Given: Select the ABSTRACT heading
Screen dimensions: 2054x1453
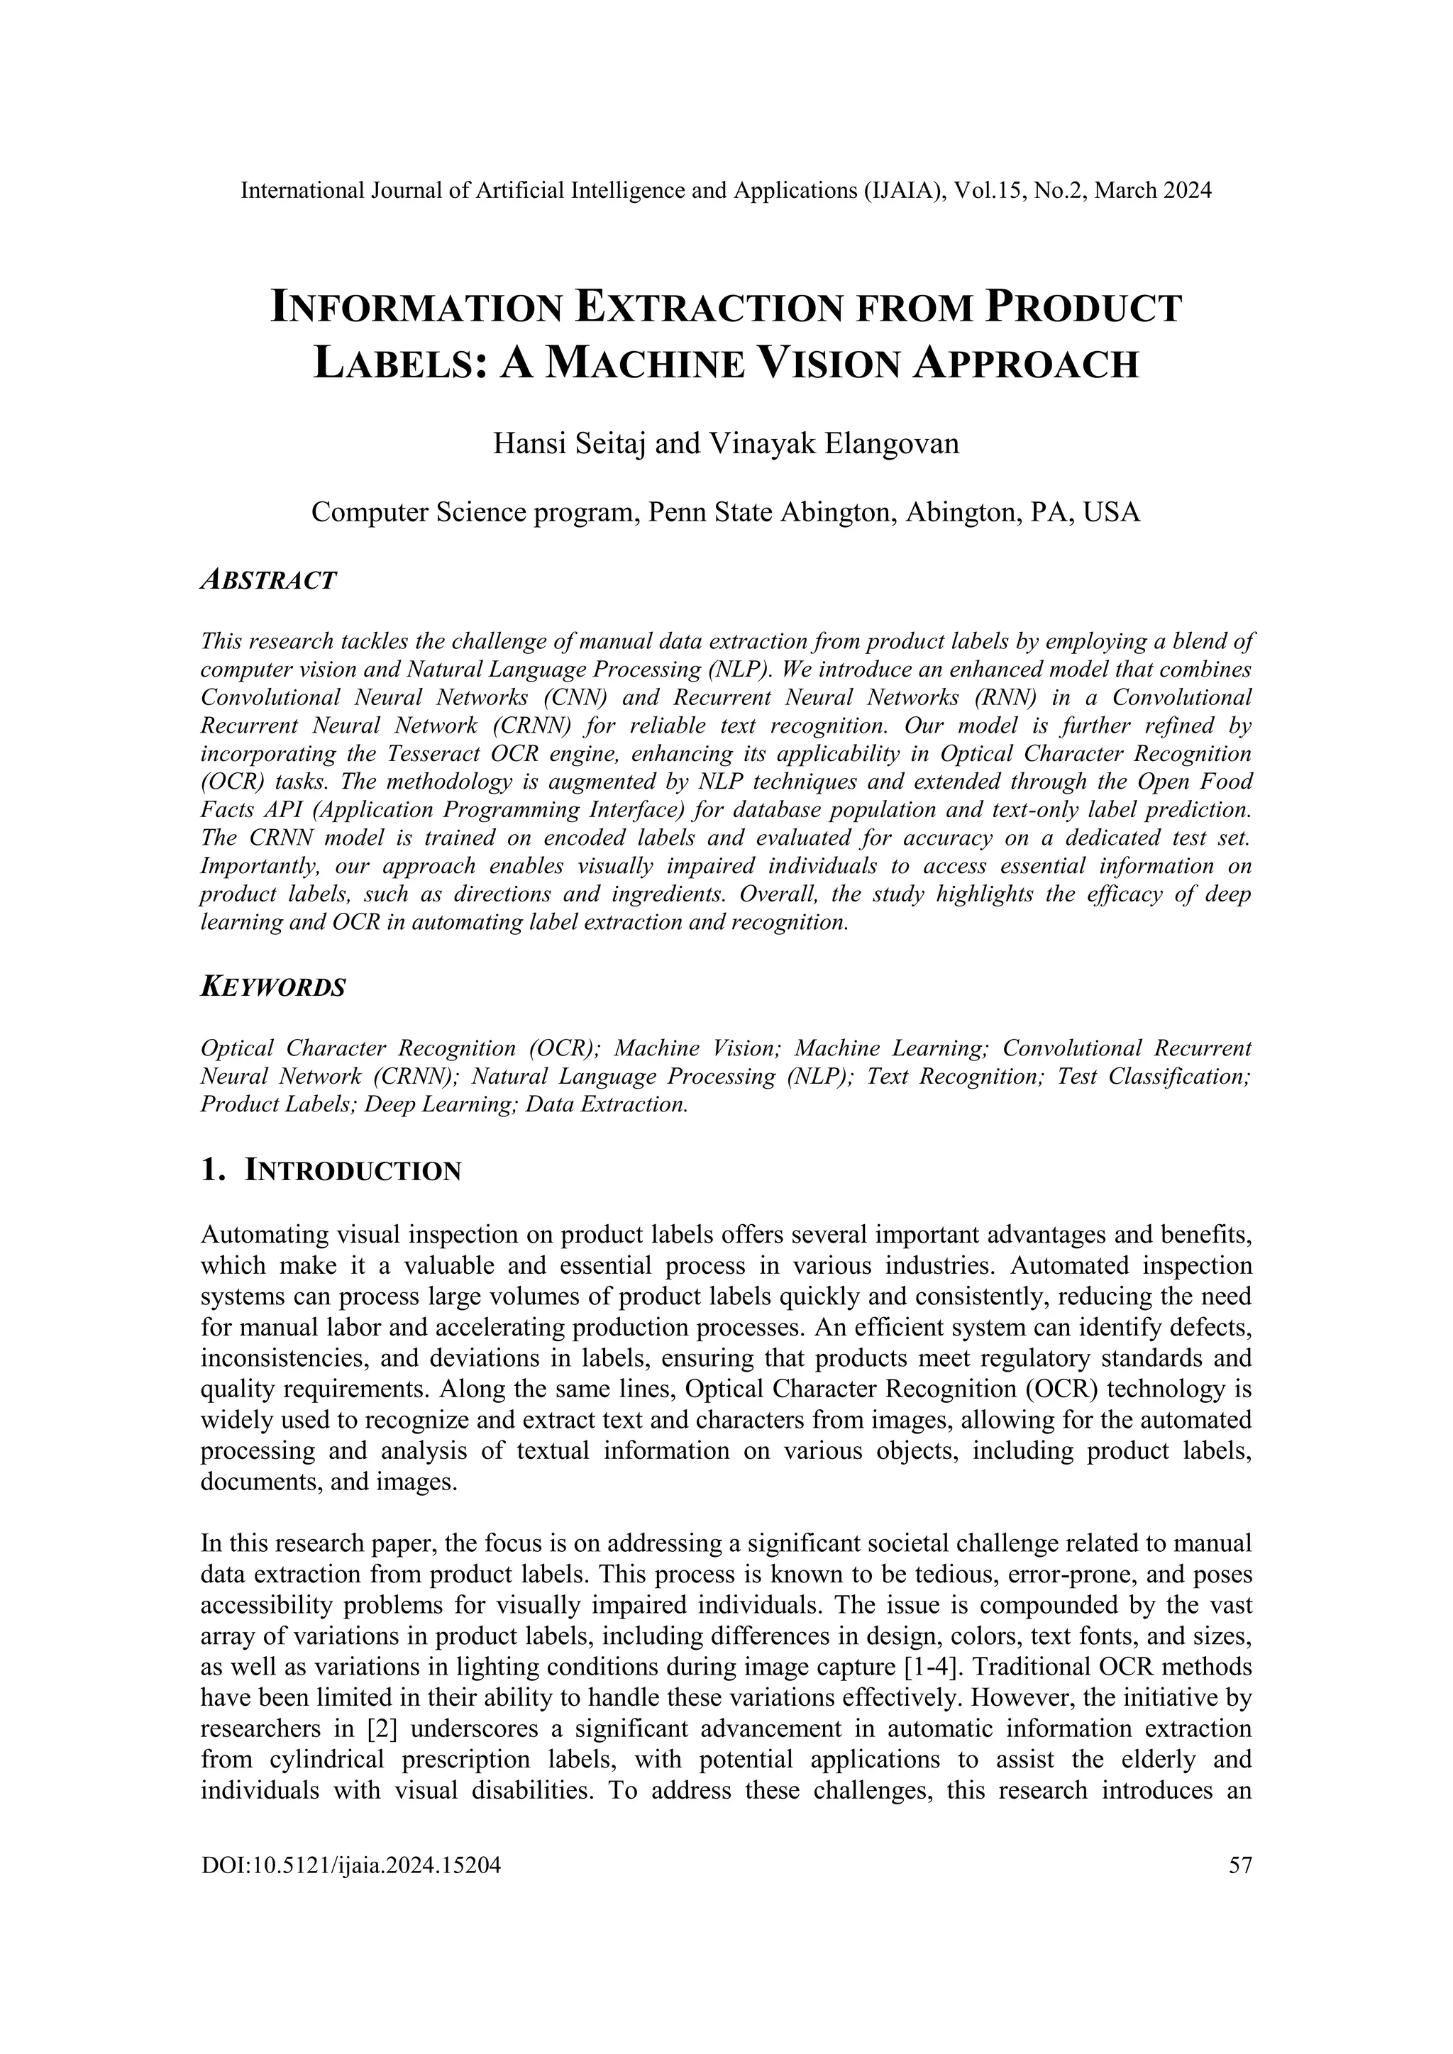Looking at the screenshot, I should coord(268,581).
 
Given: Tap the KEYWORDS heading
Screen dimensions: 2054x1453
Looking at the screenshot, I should coord(273,988).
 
